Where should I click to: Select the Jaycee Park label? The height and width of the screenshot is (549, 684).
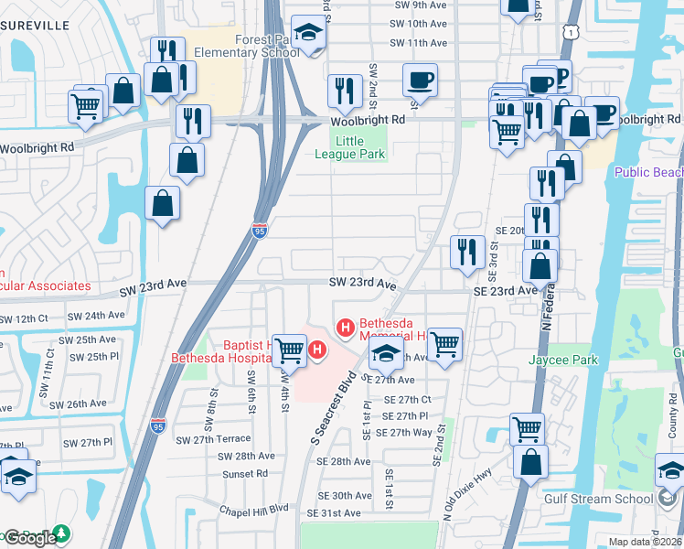[x=562, y=360]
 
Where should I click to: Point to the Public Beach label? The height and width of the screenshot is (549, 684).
[x=648, y=172]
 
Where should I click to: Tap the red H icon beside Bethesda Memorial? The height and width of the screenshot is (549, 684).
[x=346, y=327]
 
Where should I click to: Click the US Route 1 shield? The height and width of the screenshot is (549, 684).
[x=570, y=34]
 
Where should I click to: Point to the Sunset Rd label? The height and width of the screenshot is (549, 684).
[x=244, y=474]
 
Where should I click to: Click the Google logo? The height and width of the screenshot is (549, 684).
[x=29, y=538]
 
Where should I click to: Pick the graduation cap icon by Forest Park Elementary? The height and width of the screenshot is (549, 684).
[x=309, y=34]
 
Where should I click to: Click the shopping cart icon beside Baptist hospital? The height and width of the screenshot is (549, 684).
[x=290, y=349]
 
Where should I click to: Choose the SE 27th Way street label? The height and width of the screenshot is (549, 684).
[x=404, y=432]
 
